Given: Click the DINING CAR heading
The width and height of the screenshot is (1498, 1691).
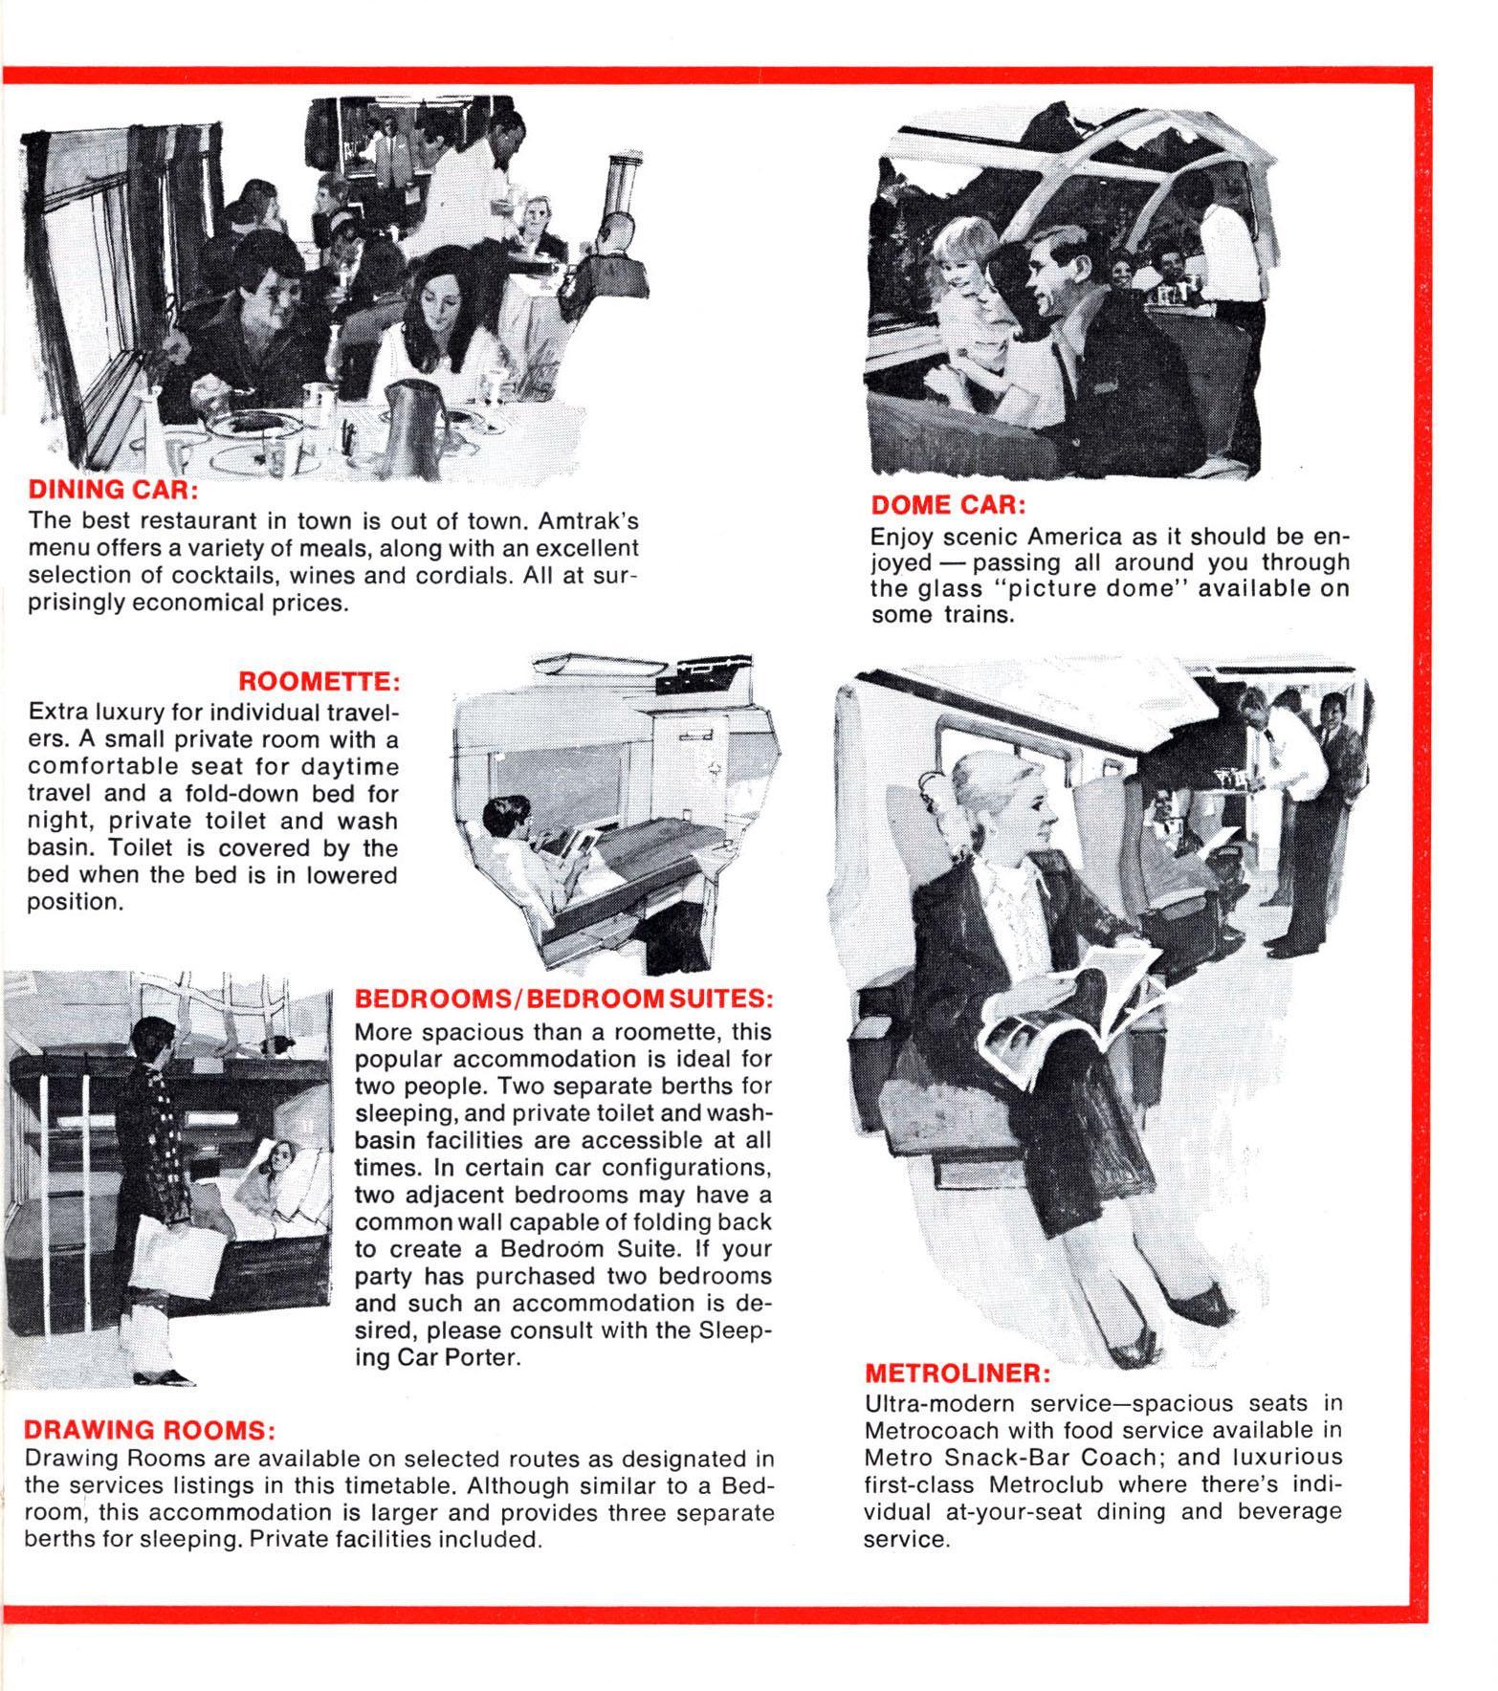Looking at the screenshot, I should point(113,490).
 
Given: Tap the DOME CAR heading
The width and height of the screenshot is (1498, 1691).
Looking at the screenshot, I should point(947,504).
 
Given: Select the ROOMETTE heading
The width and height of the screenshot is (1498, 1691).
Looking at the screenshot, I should point(318,682).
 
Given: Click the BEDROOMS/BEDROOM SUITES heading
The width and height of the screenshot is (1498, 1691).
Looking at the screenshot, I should point(563,999).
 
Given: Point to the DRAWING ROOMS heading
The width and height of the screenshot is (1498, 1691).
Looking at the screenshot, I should point(149,1430).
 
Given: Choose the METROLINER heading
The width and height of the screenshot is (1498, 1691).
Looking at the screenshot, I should point(958,1373).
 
